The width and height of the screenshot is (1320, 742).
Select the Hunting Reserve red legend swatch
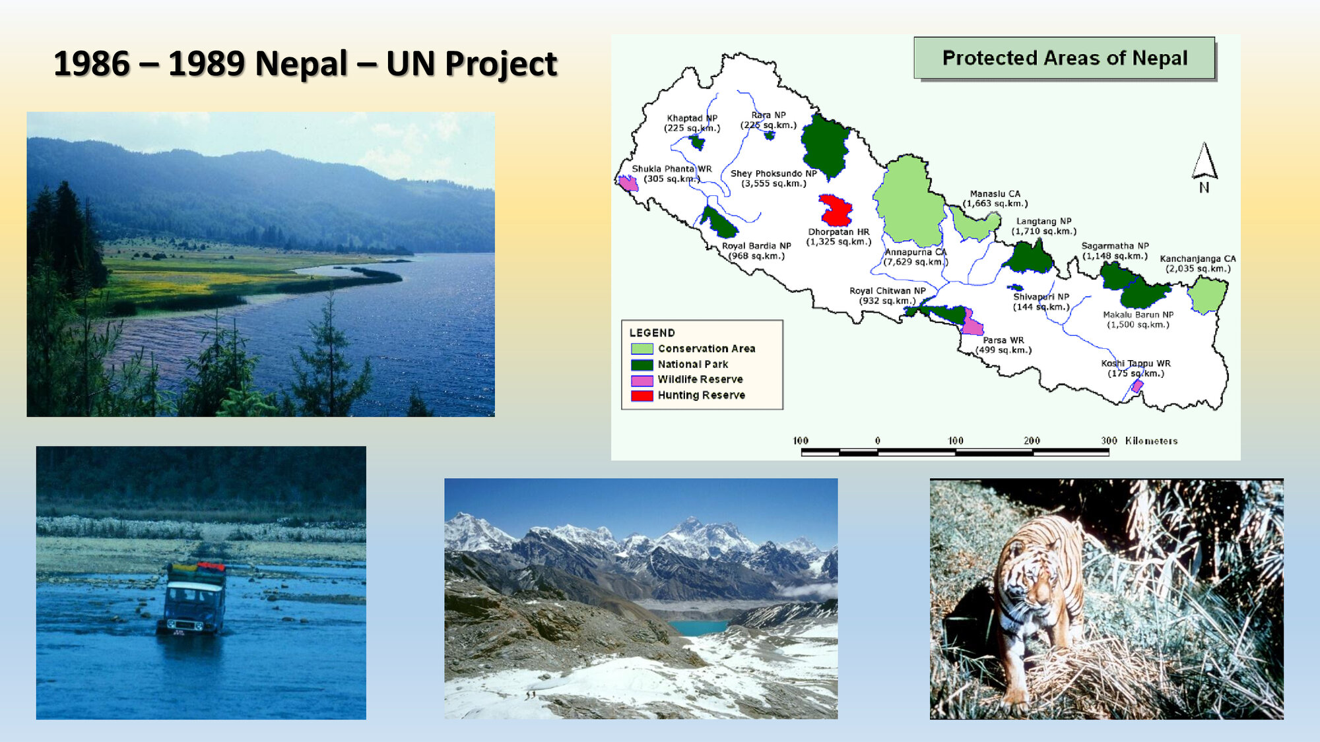pos(642,396)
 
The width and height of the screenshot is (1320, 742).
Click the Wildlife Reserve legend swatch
pos(642,381)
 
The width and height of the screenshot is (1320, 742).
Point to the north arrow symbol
pos(1204,165)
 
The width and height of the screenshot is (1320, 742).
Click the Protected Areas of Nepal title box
pos(1064,58)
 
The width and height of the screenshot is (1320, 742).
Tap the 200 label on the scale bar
pos(1032,441)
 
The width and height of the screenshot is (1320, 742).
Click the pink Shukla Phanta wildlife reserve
pos(628,183)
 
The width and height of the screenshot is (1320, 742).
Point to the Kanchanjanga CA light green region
pos(1207,294)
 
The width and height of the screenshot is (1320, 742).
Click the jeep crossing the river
pos(193,600)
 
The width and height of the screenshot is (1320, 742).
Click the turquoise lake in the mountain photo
pos(696,627)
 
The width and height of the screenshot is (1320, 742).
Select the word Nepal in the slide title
pos(301,64)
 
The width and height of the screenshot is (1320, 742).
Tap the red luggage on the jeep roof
pos(211,567)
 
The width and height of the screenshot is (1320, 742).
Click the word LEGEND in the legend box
pos(652,333)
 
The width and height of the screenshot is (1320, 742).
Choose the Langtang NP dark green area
pos(1028,259)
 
